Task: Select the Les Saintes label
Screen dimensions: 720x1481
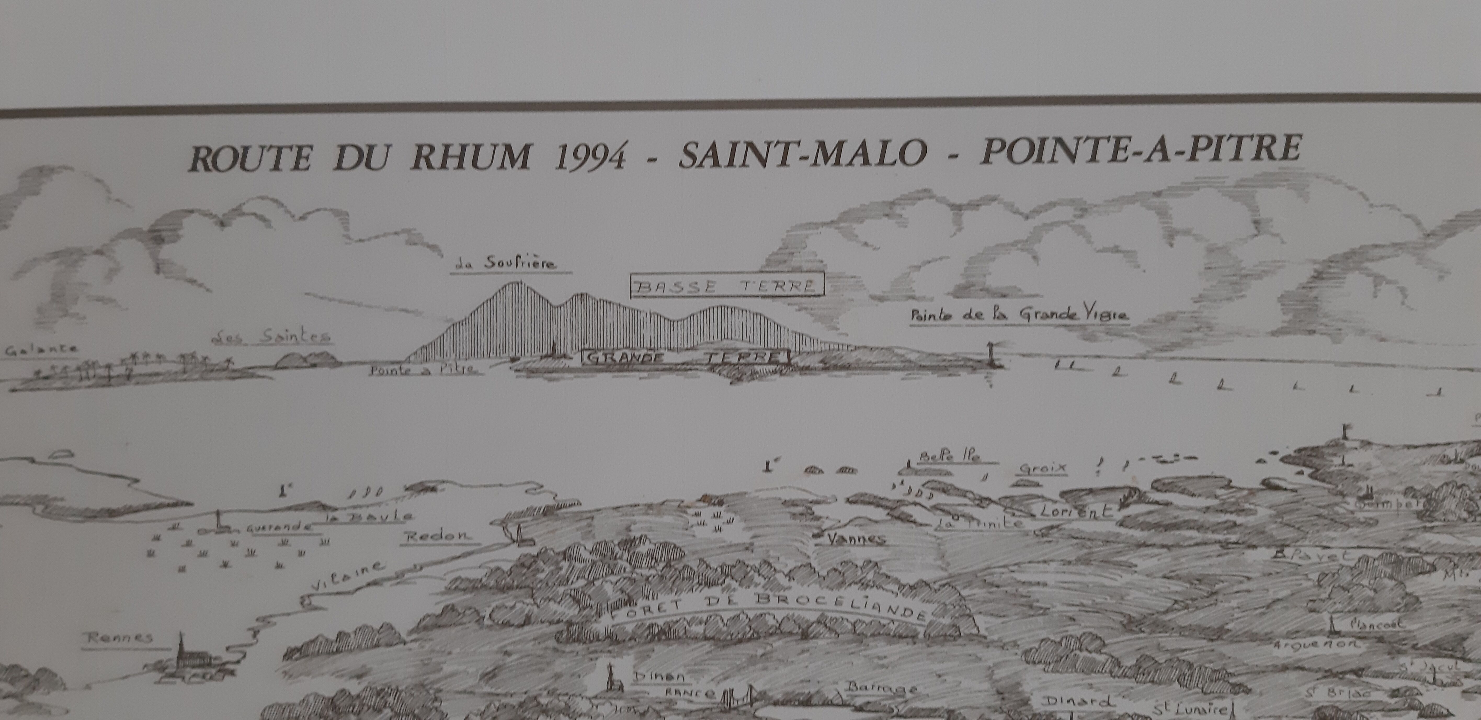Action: (271, 337)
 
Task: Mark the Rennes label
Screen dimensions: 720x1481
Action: (118, 637)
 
